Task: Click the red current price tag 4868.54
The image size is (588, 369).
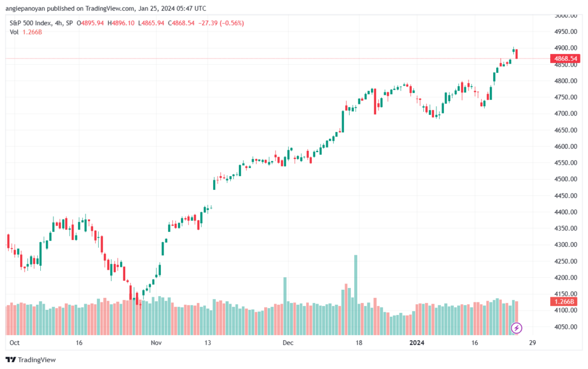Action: [x=565, y=59]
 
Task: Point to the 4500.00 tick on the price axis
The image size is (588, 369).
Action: [x=566, y=179]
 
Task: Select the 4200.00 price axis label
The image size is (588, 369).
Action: [x=566, y=278]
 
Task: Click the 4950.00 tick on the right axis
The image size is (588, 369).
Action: [x=566, y=32]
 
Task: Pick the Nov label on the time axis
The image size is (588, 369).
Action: [x=156, y=343]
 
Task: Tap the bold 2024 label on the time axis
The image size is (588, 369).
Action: [x=417, y=343]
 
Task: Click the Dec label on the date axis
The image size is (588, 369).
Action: [x=288, y=343]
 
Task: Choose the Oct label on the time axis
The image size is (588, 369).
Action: [x=14, y=343]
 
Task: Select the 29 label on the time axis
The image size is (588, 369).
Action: [x=532, y=343]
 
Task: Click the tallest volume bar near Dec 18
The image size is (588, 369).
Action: [x=356, y=295]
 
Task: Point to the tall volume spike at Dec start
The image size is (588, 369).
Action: [x=285, y=306]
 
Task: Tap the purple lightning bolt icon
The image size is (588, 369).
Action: [x=516, y=328]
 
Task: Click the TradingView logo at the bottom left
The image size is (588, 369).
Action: [x=31, y=360]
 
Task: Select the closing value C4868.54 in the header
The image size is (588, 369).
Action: [x=181, y=23]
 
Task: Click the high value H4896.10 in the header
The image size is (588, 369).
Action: [x=121, y=23]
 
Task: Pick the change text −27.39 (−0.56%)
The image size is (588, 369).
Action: [x=221, y=23]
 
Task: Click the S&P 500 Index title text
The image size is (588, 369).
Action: [x=30, y=23]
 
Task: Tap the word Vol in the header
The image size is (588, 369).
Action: [x=14, y=32]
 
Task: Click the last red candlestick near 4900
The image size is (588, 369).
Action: [x=517, y=54]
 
